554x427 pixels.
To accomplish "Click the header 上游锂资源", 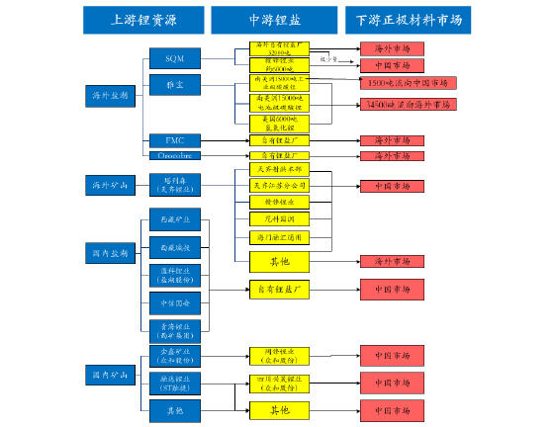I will [x=143, y=20].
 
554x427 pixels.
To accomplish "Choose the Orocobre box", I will [x=174, y=156].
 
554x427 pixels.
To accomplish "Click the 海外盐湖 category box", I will [x=108, y=96].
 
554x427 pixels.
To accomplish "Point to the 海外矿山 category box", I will [x=108, y=185].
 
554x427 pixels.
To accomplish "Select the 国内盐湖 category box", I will [x=108, y=254].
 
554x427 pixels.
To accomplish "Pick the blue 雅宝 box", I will [x=174, y=87].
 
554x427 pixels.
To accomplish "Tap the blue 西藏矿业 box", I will [x=174, y=217].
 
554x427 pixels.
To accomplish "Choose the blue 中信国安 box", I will [x=174, y=301].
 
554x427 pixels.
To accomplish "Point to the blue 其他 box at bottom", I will [x=174, y=409].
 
